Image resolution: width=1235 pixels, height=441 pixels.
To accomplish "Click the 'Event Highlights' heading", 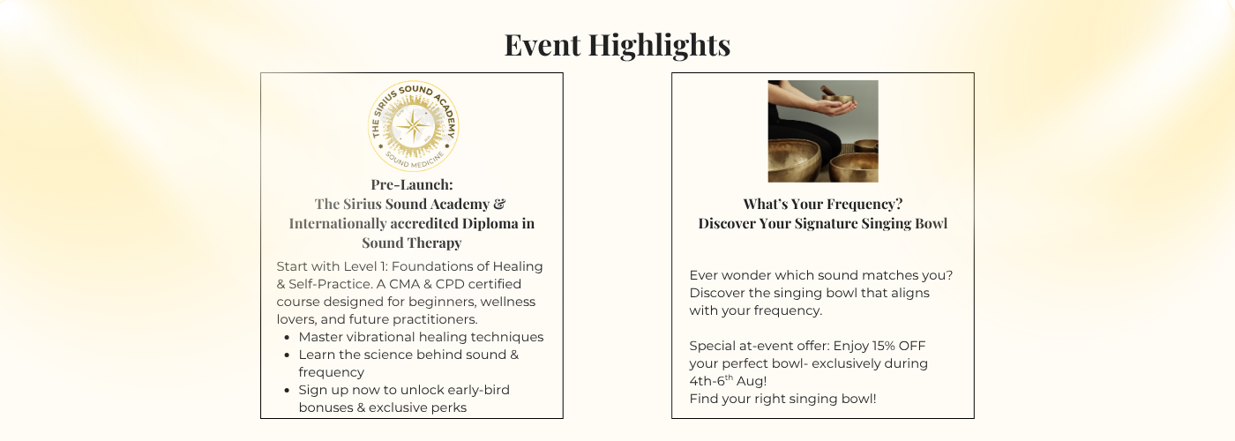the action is coord(617,45).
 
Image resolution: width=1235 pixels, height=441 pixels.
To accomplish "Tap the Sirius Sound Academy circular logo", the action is coord(414,126).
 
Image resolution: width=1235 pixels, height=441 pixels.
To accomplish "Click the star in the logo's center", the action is coord(414,126).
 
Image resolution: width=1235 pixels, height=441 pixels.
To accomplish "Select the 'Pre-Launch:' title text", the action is coord(412,184).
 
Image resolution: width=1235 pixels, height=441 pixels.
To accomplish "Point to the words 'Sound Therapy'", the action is coord(412,243).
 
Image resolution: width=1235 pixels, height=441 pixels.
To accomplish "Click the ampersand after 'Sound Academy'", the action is coord(499,204).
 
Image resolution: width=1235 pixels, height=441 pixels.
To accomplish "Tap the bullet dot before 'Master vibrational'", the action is coord(287,337).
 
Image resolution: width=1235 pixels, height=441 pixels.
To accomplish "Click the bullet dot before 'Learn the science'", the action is coord(287,355).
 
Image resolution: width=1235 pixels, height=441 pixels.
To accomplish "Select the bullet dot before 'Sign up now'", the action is coord(287,390).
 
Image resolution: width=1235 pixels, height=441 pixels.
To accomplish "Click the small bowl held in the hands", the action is coord(837,101).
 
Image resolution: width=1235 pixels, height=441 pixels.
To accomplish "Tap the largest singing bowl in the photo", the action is coord(794,161).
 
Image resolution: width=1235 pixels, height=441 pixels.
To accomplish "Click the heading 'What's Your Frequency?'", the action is coord(822,204).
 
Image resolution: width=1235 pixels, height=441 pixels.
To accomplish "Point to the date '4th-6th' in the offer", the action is coord(711,381).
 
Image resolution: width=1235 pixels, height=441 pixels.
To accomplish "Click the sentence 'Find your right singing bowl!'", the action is coord(783,399).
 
